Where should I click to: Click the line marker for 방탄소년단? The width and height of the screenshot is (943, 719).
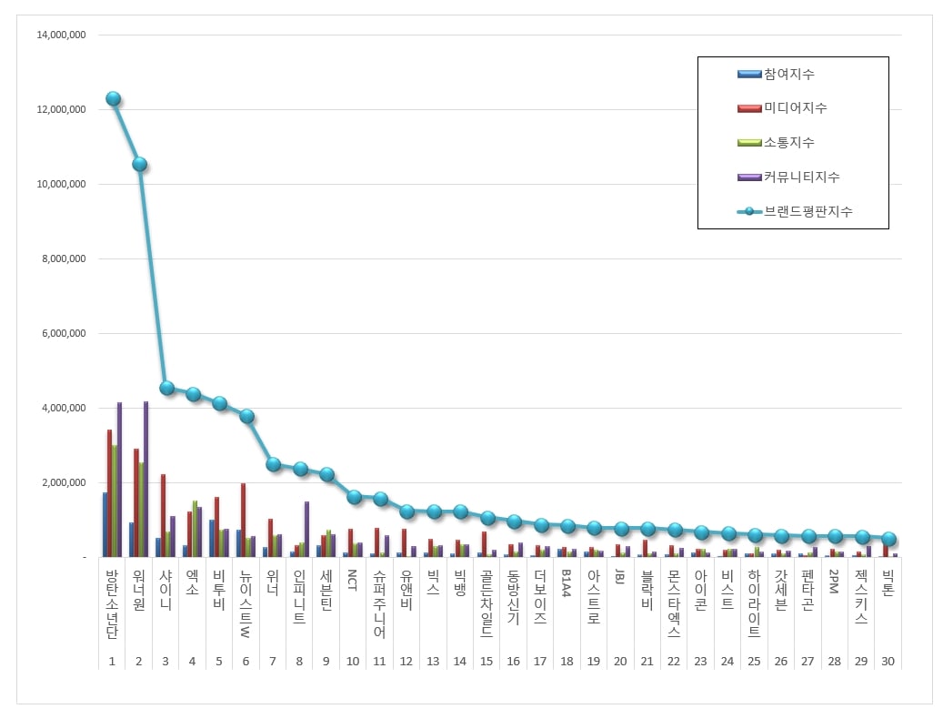click(x=113, y=99)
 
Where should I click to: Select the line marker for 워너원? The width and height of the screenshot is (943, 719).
click(x=139, y=165)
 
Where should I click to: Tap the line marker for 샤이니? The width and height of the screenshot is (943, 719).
click(x=166, y=388)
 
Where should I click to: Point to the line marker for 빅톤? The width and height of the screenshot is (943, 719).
click(x=888, y=539)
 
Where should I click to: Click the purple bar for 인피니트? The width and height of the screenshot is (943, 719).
click(x=306, y=529)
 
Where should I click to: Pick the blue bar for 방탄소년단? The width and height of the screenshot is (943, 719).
click(x=105, y=524)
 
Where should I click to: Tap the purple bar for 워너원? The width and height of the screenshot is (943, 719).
click(x=146, y=479)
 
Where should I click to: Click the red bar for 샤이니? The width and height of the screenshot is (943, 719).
click(x=163, y=515)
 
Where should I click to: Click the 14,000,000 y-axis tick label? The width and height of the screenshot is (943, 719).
click(x=61, y=35)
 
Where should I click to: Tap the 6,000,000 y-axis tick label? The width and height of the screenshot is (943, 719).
click(x=64, y=333)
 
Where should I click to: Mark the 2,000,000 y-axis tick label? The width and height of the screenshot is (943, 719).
click(x=64, y=482)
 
